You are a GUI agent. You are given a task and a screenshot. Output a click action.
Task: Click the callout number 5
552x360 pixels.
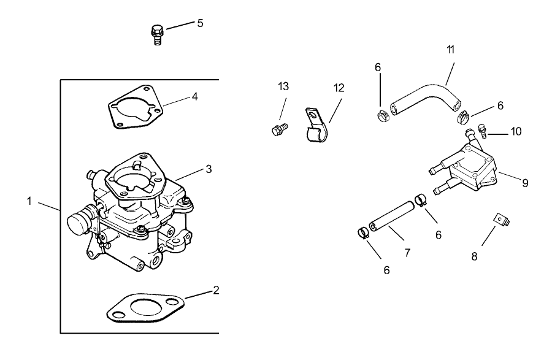[200, 23]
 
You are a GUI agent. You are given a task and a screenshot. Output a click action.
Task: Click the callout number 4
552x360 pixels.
[194, 96]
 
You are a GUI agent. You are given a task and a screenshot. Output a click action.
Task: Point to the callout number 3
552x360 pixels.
[209, 169]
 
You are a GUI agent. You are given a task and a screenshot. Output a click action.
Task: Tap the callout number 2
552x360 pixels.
[215, 290]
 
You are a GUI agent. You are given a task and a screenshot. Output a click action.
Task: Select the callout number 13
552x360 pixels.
[283, 86]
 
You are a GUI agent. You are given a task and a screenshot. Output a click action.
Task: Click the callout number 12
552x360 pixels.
[339, 88]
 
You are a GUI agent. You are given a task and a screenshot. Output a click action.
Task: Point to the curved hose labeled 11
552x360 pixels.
[426, 97]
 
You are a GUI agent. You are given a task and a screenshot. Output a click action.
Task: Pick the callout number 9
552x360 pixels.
[525, 182]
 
